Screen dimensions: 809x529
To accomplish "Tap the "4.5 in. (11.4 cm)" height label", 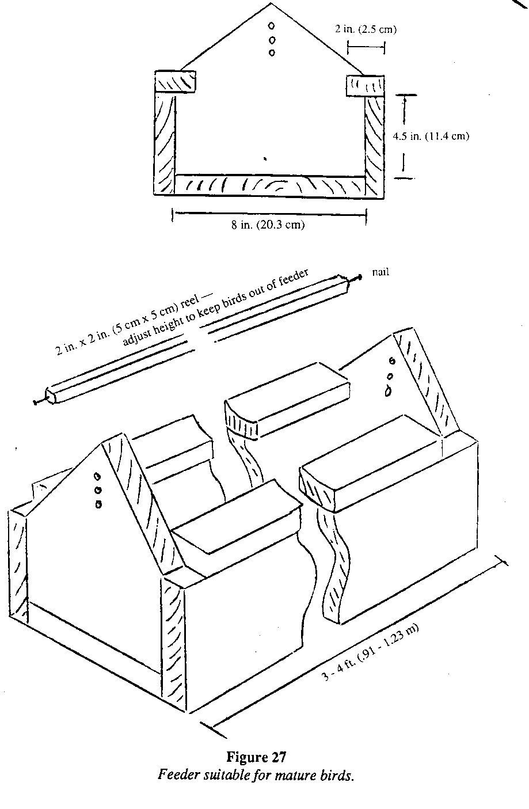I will click(431, 136).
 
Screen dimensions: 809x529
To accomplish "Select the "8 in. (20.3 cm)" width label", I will click(268, 225).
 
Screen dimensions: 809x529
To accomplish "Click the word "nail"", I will click(380, 272).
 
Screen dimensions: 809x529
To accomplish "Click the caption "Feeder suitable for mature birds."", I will click(255, 774).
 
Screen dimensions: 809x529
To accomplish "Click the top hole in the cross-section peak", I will click(272, 26).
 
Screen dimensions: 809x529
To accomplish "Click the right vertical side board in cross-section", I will click(374, 144).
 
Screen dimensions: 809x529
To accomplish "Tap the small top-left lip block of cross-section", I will click(175, 82).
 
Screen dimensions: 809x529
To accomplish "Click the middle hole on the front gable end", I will click(97, 490).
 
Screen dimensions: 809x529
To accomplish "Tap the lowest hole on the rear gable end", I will click(389, 390).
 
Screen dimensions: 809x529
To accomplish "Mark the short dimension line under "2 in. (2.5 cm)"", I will click(366, 47).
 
